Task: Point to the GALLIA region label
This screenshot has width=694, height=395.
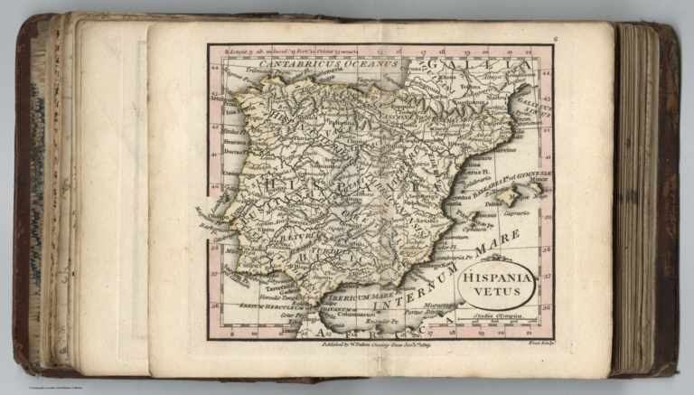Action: [478, 65]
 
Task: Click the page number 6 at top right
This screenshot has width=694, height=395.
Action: [557, 38]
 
